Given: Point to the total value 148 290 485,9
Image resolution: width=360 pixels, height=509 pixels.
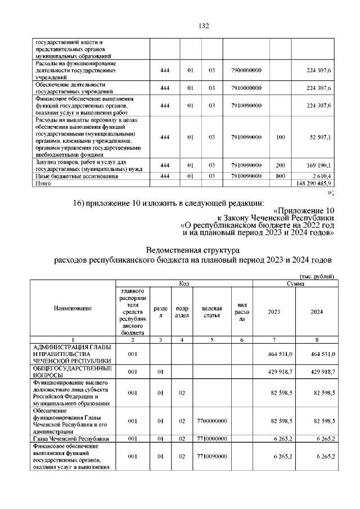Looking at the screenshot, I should [315, 183].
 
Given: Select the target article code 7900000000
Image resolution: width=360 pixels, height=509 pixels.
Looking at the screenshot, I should [246, 70].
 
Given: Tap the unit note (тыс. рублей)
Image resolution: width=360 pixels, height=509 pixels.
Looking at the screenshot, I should [317, 276].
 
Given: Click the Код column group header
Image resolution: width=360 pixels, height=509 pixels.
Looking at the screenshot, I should [184, 284].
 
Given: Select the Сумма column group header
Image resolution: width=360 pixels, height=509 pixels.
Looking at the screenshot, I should [295, 284].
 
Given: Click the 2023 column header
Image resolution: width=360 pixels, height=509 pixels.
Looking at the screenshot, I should [274, 312].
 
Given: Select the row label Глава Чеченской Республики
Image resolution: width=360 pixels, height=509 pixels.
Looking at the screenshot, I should [69, 438].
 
